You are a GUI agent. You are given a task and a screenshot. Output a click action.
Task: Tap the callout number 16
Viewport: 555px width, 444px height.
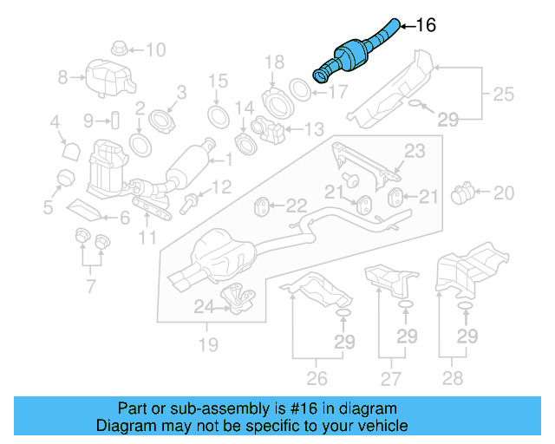(426, 25)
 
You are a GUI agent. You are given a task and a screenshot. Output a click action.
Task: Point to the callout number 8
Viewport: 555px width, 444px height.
(62, 77)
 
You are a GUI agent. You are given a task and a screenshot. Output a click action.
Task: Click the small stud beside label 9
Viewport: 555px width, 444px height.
(113, 119)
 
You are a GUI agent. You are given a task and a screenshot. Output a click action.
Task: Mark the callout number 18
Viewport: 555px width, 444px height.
(274, 62)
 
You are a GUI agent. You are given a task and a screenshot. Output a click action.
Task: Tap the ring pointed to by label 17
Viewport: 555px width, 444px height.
(297, 88)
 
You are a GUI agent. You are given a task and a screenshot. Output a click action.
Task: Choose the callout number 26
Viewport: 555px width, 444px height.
(317, 378)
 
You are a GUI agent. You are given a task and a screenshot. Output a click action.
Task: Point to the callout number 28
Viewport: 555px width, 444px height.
(454, 378)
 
